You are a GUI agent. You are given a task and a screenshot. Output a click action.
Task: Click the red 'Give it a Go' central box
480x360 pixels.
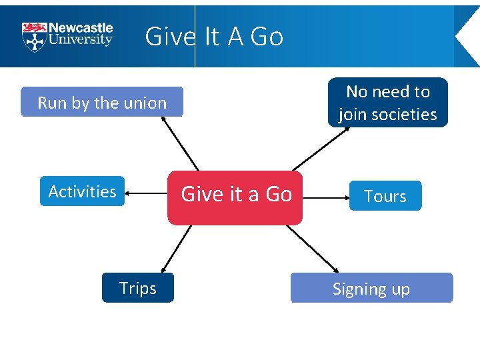pyautogui.click(x=235, y=197)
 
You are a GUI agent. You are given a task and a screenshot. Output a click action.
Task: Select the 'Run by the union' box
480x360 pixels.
pyautogui.click(x=101, y=102)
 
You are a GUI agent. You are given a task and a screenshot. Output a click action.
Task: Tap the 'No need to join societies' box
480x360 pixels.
pyautogui.click(x=388, y=102)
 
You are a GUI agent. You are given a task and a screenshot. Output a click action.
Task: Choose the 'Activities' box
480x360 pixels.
pyautogui.click(x=82, y=191)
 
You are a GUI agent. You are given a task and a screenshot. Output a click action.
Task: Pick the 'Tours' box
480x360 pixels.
pyautogui.click(x=385, y=196)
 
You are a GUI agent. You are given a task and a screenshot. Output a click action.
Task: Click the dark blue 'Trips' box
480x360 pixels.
pyautogui.click(x=137, y=288)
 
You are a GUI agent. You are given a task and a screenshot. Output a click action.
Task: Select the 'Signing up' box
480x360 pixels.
pyautogui.click(x=371, y=288)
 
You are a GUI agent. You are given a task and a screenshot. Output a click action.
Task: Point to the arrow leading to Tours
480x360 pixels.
pyautogui.click(x=325, y=197)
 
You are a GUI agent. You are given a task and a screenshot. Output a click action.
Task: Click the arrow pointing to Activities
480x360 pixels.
pyautogui.click(x=146, y=193)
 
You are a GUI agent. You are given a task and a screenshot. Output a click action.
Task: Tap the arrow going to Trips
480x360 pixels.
pyautogui.click(x=176, y=249)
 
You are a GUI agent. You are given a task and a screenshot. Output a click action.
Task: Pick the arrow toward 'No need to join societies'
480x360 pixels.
pyautogui.click(x=321, y=149)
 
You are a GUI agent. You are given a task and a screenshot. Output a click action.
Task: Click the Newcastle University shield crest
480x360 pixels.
pyautogui.click(x=33, y=37)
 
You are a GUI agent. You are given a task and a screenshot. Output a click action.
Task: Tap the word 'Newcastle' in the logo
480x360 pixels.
pyautogui.click(x=81, y=28)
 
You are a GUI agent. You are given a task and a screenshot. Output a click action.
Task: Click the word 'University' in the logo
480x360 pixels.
pyautogui.click(x=81, y=39)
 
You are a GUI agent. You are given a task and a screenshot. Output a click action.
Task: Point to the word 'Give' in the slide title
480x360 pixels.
pyautogui.click(x=169, y=37)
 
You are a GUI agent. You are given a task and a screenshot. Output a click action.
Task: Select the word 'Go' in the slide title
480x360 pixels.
pyautogui.click(x=266, y=37)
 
